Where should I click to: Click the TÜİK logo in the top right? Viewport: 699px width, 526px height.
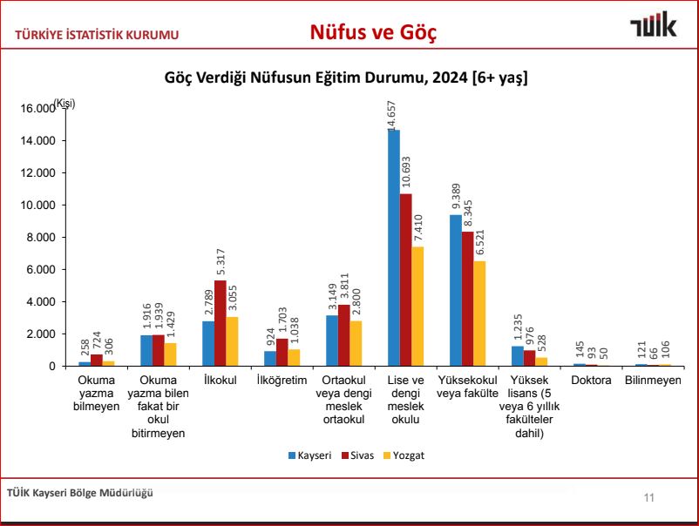[x=653, y=26]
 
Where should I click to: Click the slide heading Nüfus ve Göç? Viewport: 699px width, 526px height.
[x=373, y=32]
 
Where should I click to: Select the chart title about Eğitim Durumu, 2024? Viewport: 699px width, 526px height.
[x=346, y=78]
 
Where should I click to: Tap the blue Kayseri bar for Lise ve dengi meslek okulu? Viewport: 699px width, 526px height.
[x=393, y=248]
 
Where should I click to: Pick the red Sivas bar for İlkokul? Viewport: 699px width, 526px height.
[x=220, y=323]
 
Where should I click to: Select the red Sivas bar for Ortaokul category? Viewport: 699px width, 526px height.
[x=343, y=335]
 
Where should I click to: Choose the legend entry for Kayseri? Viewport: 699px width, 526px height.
[x=309, y=455]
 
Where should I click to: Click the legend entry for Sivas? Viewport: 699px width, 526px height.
[x=359, y=455]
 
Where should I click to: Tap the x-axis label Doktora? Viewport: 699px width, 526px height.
[x=590, y=381]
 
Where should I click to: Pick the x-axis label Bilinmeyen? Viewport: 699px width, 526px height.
[x=652, y=381]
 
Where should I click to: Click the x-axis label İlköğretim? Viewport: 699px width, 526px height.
[x=282, y=381]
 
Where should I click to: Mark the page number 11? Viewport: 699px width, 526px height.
[x=648, y=497]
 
